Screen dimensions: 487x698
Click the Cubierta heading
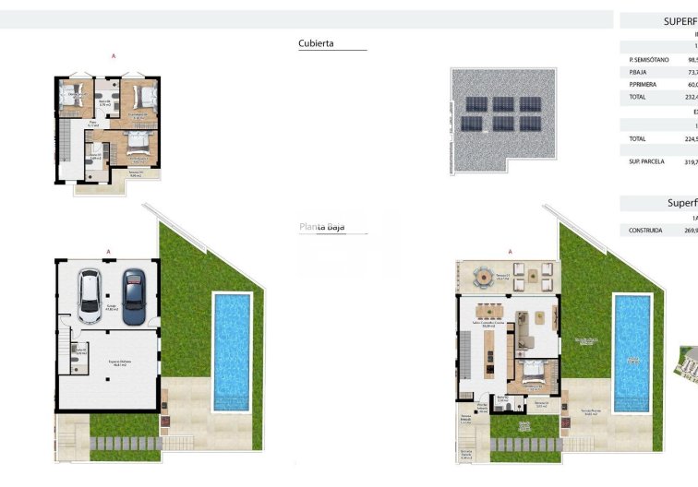coord(317,43)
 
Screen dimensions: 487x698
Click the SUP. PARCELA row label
coord(645,161)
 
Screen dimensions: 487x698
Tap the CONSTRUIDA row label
coord(645,231)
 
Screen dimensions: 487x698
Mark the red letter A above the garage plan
coord(109,251)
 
